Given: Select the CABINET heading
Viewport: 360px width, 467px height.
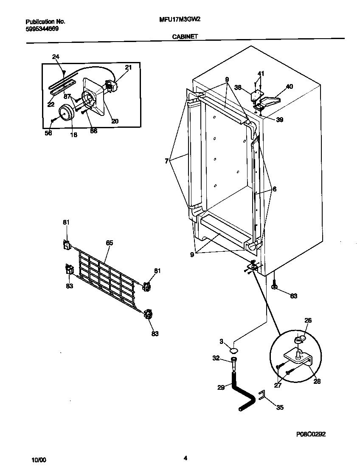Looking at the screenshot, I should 185,37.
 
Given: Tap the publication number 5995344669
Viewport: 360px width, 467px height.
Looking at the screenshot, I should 42,29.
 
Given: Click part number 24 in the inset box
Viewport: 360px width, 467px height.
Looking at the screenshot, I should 56,57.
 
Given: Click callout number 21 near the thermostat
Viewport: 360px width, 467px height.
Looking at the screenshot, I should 128,68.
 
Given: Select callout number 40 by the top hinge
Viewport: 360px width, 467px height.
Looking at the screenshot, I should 289,87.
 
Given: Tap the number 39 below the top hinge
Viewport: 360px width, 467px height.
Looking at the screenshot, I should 279,120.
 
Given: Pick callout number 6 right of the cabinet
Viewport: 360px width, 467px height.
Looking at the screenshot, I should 275,189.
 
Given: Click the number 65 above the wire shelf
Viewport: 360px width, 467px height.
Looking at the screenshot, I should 110,243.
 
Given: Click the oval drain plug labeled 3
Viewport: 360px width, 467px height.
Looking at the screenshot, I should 233,350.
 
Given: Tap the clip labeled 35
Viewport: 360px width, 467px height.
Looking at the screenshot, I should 263,397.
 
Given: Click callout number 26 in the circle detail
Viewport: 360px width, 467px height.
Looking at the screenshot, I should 308,321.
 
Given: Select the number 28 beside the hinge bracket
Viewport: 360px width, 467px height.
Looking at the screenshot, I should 317,382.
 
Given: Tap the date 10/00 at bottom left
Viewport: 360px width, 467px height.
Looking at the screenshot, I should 39,460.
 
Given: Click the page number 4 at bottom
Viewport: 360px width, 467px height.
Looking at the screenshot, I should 185,458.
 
